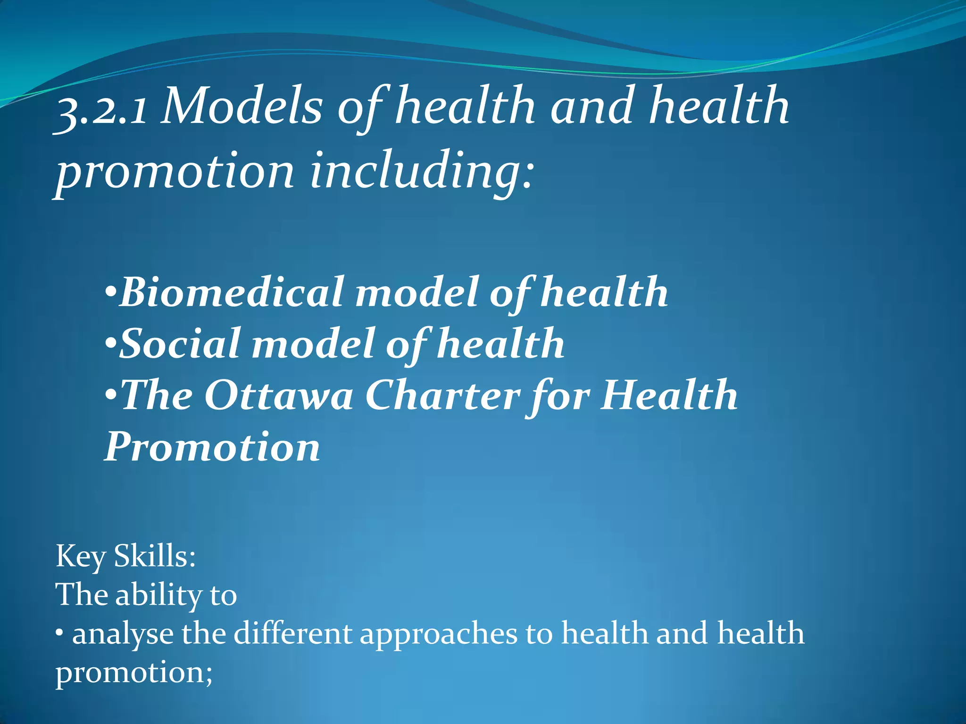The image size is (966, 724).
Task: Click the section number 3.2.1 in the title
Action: [x=101, y=109]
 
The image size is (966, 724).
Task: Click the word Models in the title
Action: [x=241, y=107]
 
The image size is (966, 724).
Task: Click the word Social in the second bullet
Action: [x=179, y=344]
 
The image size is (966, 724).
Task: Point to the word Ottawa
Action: [x=278, y=395]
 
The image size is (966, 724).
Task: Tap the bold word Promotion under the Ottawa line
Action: [x=212, y=447]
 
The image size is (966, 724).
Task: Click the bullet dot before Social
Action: [x=110, y=345]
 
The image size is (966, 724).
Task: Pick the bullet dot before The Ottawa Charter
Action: [x=110, y=396]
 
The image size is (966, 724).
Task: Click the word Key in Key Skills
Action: [x=80, y=557]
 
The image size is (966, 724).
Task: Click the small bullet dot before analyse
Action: [x=59, y=633]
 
